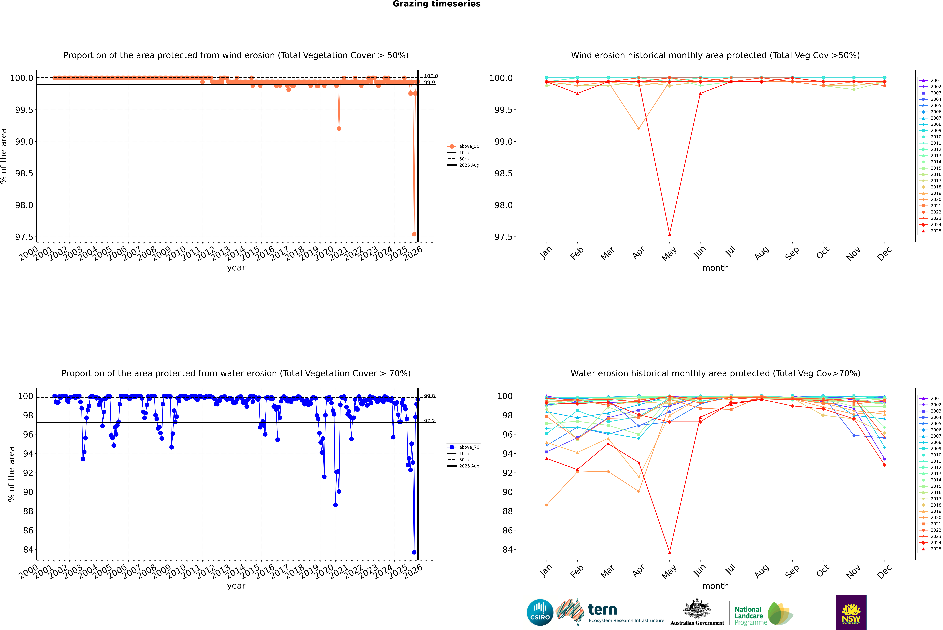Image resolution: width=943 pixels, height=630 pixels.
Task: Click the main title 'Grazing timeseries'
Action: [x=437, y=4]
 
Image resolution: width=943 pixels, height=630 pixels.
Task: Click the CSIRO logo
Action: [x=540, y=612]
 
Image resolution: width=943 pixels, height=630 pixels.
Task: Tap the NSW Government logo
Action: [x=851, y=612]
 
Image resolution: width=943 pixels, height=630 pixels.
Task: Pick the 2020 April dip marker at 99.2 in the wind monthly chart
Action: [x=639, y=129]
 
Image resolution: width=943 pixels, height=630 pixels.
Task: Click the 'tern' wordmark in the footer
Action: [x=602, y=610]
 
